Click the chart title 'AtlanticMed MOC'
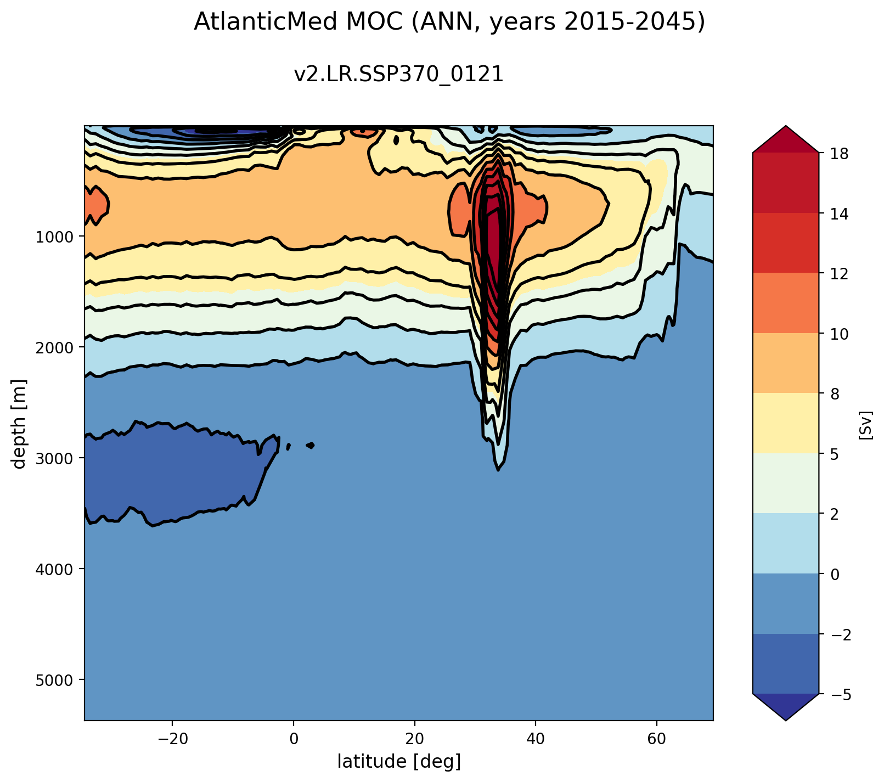pos(449,22)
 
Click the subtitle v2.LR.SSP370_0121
pos(398,75)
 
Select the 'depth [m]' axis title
pos(20,424)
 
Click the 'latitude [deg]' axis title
pos(398,761)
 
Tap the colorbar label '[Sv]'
pos(865,424)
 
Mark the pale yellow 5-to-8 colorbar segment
pos(785,423)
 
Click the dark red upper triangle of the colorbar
pos(785,140)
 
